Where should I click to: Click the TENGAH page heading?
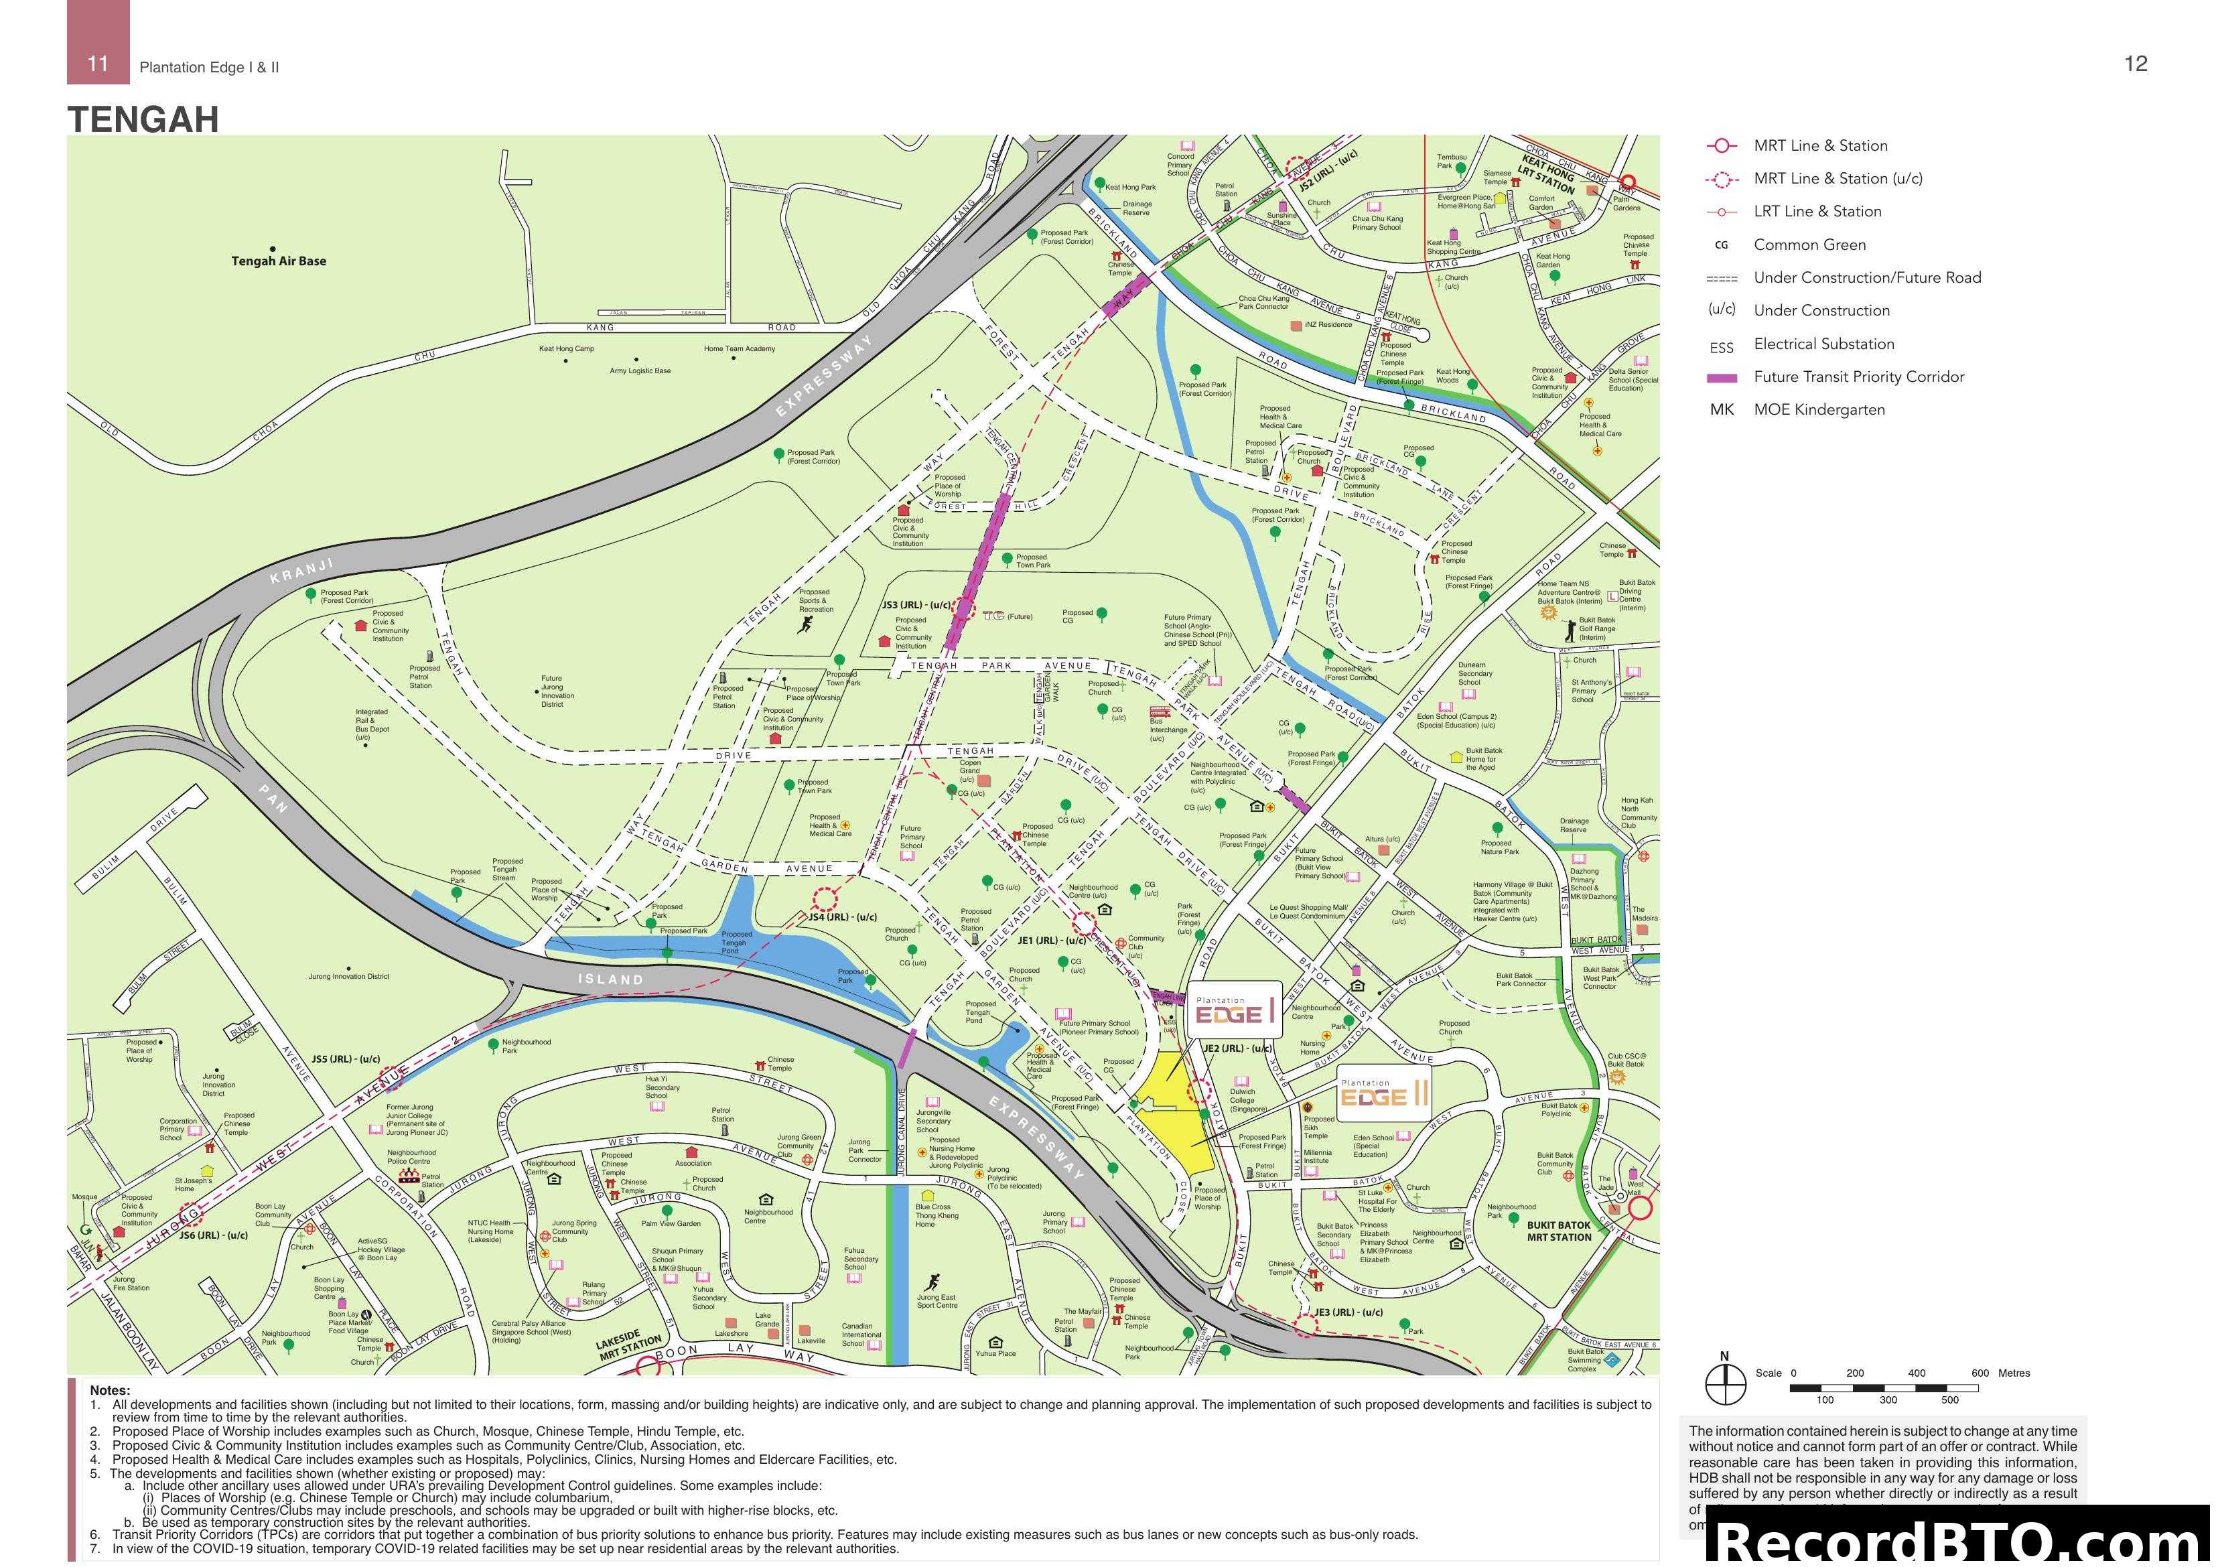[143, 120]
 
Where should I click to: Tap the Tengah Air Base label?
[278, 261]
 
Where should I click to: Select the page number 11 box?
[98, 64]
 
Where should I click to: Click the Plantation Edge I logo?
[1235, 1010]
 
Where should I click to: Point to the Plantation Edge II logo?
[1383, 1094]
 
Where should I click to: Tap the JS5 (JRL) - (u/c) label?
[346, 1059]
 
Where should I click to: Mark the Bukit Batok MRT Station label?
[1559, 1231]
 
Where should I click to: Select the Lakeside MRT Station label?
[628, 1345]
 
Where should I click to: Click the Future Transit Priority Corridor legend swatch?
[1722, 377]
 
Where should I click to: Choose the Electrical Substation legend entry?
[1823, 344]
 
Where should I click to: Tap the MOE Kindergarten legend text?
[1818, 409]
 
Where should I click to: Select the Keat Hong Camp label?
[567, 348]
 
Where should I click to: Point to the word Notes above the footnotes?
[110, 1390]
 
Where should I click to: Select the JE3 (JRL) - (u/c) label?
[1348, 1312]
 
